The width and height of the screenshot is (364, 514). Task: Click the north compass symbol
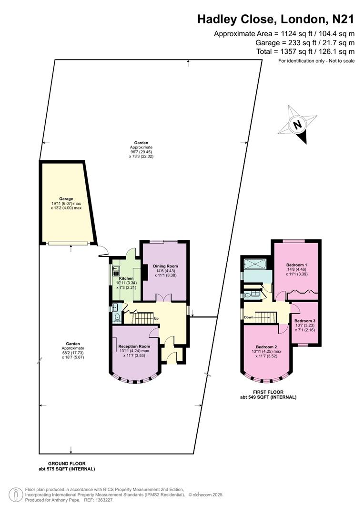pos(298,125)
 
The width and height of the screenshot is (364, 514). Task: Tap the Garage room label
pos(66,198)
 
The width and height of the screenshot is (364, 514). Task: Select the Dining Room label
pos(165,266)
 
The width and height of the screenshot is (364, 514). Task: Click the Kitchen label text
pos(126,278)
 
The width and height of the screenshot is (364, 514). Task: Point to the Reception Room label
pos(134,346)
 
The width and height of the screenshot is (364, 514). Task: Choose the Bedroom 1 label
pos(296,265)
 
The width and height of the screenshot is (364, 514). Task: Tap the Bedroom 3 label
pos(304,321)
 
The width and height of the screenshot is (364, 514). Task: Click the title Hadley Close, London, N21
pos(276,20)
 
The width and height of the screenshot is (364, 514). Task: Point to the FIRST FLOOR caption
pos(269,391)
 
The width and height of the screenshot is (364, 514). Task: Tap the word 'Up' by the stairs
pos(156,318)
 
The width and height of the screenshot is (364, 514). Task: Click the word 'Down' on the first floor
pos(249,317)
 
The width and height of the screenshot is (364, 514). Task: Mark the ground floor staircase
pos(142,317)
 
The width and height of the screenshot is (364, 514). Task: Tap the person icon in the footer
pos(16,494)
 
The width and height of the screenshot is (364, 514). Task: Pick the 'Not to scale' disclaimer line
pos(316,61)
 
